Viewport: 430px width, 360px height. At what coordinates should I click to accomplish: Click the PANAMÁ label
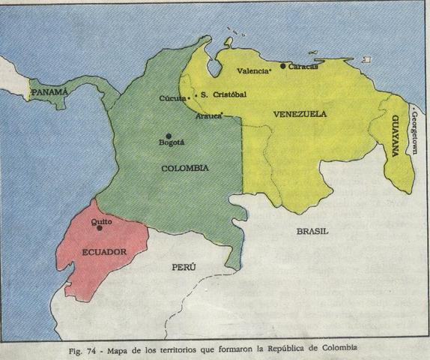pyautogui.click(x=49, y=92)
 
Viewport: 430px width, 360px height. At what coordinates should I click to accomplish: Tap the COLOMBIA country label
pyautogui.click(x=185, y=168)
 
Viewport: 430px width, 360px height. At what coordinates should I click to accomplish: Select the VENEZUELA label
pyautogui.click(x=299, y=114)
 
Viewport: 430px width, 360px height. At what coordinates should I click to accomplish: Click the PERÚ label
pyautogui.click(x=184, y=266)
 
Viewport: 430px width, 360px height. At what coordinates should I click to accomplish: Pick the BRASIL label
pyautogui.click(x=313, y=231)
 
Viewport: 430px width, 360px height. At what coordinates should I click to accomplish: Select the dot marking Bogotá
pyautogui.click(x=169, y=135)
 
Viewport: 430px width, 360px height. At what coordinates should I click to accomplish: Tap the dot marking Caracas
pyautogui.click(x=282, y=66)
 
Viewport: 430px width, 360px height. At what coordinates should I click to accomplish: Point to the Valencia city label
pyautogui.click(x=252, y=71)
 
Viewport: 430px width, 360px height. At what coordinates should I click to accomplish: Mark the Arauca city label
pyautogui.click(x=209, y=116)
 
